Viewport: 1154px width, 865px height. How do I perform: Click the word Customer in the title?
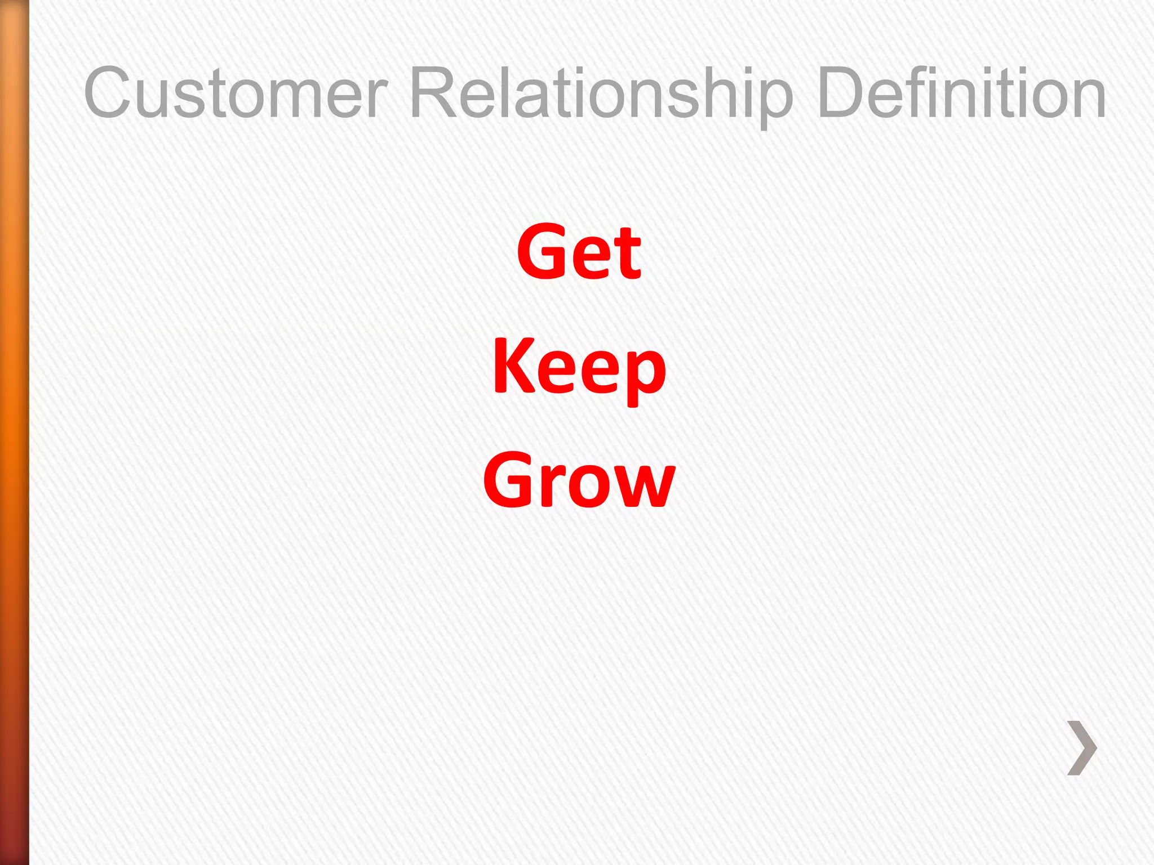tap(236, 93)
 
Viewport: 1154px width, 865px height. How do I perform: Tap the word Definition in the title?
tap(961, 93)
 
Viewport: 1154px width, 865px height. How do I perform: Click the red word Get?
tap(579, 252)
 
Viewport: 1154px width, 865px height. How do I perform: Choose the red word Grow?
tap(579, 480)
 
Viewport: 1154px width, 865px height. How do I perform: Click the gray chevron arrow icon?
tap(1082, 748)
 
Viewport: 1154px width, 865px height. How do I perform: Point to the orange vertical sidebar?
tap(14, 432)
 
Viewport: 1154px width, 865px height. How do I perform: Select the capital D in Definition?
tap(842, 93)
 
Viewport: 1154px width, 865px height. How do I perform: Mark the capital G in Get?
tap(542, 252)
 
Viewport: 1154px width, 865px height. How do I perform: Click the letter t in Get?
tap(627, 255)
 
